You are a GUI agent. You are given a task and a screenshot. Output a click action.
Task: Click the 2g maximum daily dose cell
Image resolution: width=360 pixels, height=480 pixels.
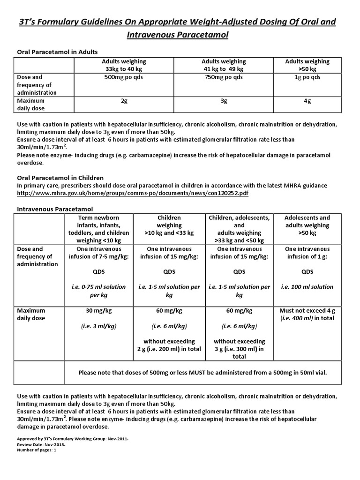point(124,101)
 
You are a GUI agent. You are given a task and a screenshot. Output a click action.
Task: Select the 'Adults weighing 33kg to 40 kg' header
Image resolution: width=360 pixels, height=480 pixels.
point(124,65)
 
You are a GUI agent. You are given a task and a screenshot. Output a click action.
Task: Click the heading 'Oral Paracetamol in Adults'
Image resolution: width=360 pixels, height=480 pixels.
point(57,52)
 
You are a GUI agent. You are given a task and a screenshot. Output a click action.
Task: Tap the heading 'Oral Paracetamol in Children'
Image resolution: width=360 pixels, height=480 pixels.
point(60,178)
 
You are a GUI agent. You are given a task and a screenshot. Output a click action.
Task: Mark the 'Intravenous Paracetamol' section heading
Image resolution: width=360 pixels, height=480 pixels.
point(52,209)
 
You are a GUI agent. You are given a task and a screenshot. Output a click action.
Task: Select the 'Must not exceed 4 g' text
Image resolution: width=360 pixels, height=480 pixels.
point(307,310)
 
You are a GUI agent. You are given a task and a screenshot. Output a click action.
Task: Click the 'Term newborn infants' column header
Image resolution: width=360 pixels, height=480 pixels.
point(99,225)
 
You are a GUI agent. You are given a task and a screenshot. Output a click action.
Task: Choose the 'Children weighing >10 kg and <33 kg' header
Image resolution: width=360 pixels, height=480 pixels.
point(169,225)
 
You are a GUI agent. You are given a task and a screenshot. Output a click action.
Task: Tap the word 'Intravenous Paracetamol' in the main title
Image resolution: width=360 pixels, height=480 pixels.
point(180,35)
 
